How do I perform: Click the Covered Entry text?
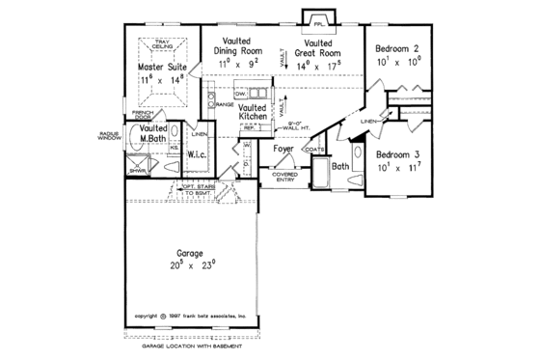284,176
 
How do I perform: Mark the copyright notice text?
191,316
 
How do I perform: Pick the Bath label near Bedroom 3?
339,165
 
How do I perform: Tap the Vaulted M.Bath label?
152,135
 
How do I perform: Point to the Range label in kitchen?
225,103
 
